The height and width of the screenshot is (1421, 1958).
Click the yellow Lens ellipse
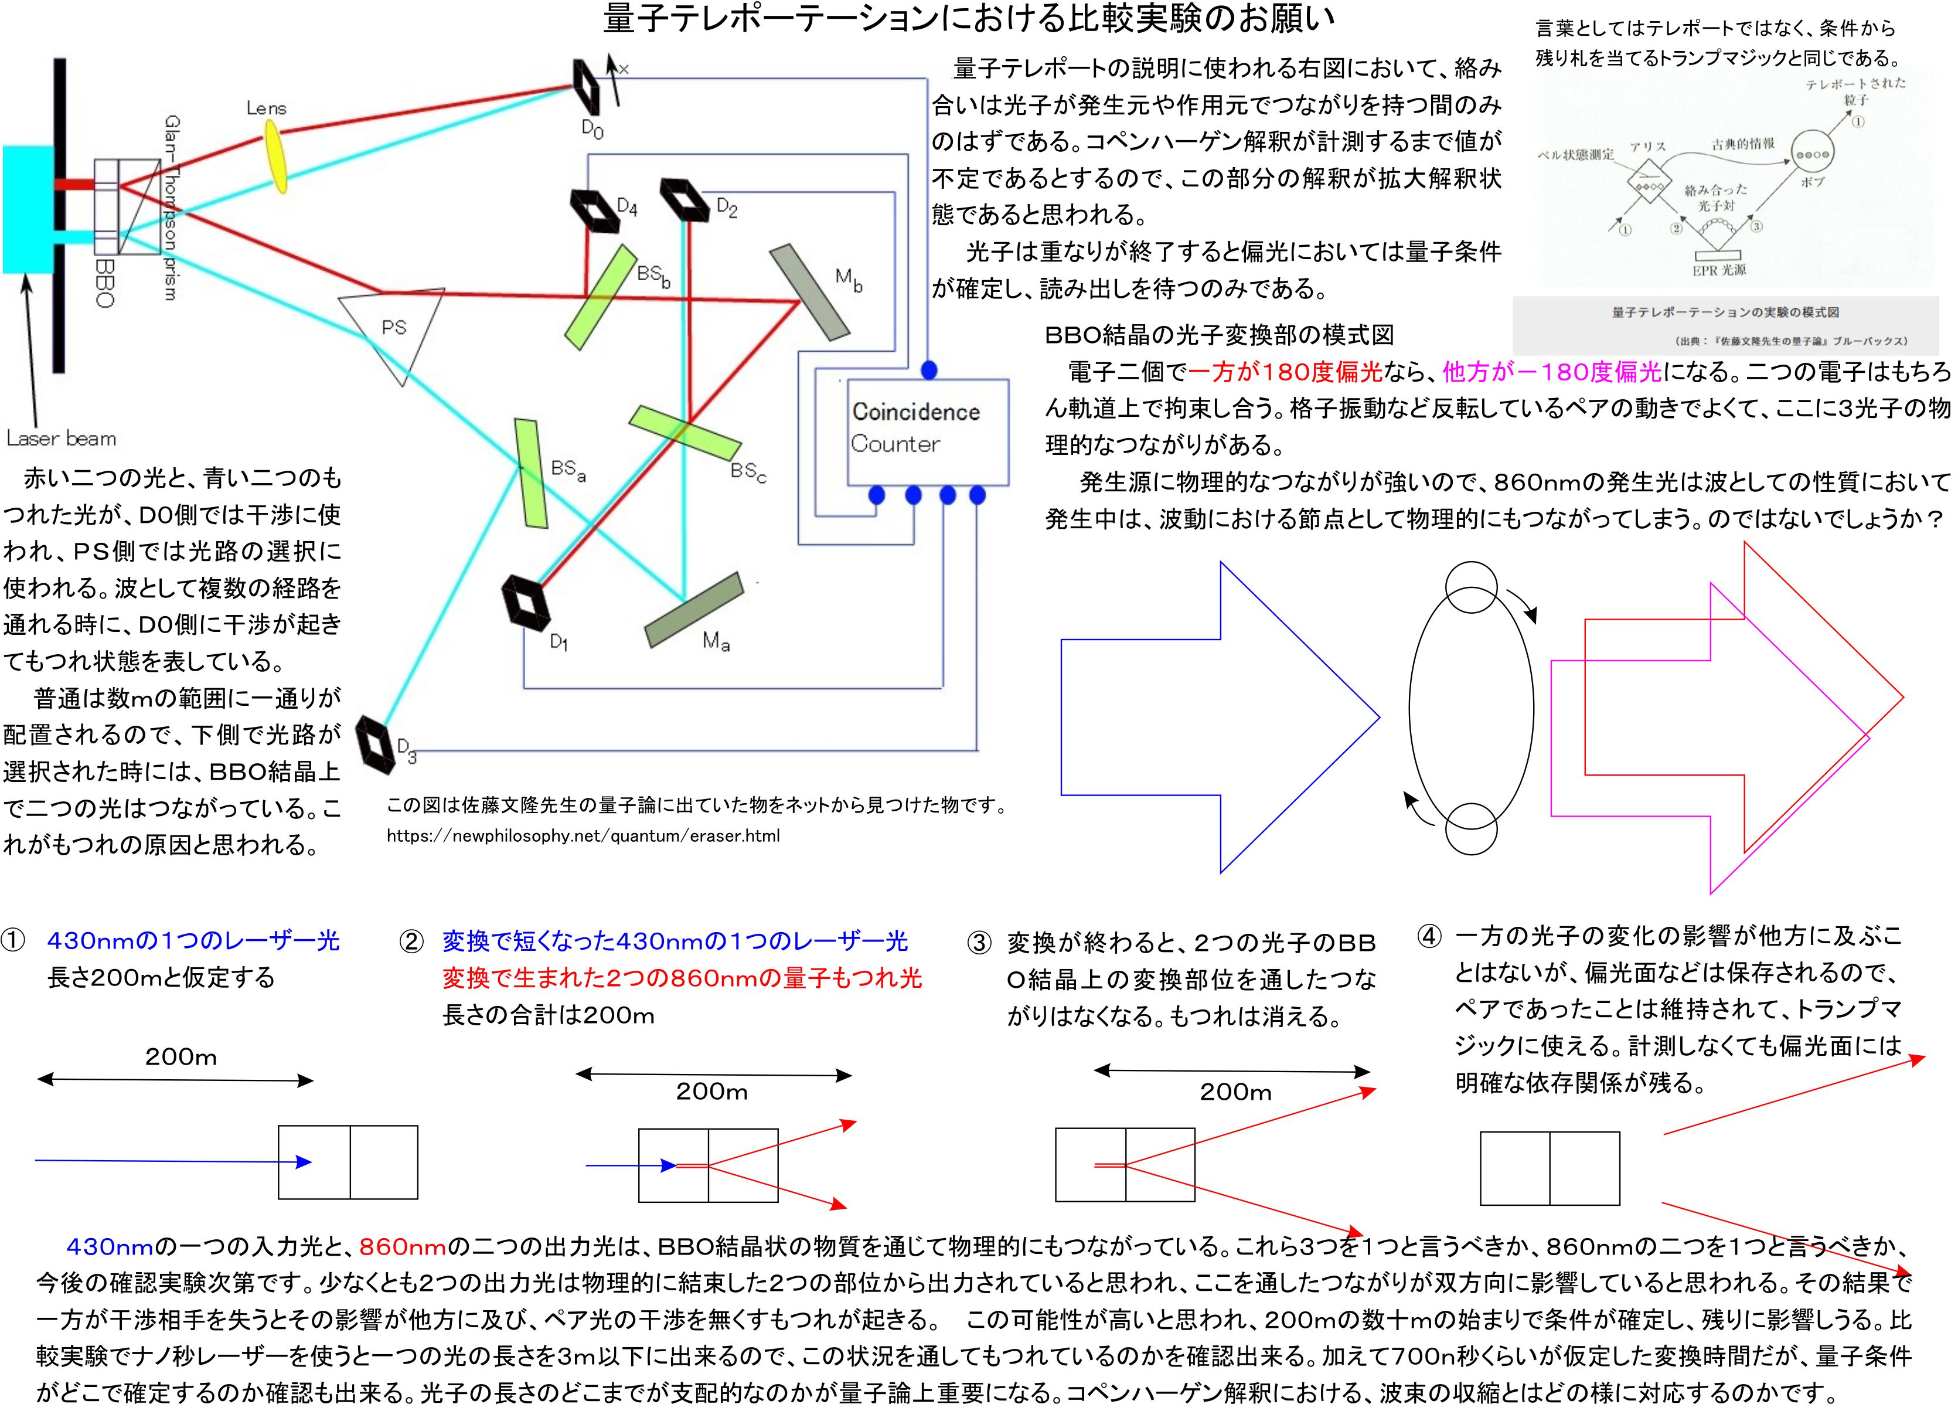(277, 157)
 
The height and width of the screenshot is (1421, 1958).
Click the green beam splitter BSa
(531, 472)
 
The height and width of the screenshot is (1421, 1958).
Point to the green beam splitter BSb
(600, 296)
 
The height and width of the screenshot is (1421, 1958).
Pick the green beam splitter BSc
(685, 433)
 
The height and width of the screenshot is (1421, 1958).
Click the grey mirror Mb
(808, 292)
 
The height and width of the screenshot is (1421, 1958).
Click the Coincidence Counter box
(927, 431)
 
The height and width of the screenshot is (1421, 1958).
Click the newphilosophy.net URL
(583, 836)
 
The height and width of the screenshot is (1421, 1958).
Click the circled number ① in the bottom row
(13, 941)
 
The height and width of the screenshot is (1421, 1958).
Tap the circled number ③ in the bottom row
(979, 943)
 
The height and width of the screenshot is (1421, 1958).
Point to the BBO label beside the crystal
(104, 283)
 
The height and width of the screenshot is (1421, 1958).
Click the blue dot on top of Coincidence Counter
(929, 370)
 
